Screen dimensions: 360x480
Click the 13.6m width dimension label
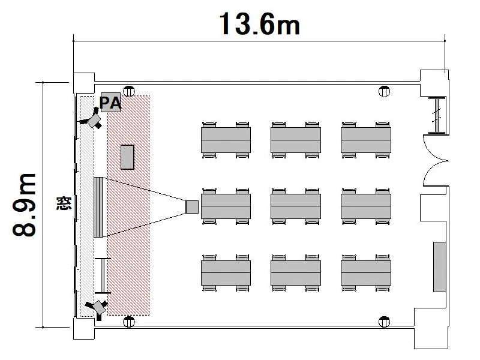point(259,23)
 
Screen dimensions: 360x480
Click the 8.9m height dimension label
point(25,204)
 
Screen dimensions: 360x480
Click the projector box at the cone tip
point(192,206)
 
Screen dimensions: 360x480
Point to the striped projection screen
point(100,206)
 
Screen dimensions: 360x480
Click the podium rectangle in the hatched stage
point(127,157)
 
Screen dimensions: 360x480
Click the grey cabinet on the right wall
point(440,266)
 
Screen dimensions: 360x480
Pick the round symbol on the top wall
point(384,92)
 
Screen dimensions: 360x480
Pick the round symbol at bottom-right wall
point(383,320)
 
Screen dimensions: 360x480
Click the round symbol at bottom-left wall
point(128,320)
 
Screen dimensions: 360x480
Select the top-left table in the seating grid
point(226,140)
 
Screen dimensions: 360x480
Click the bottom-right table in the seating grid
point(366,272)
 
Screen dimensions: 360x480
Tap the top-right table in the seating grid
point(366,140)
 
